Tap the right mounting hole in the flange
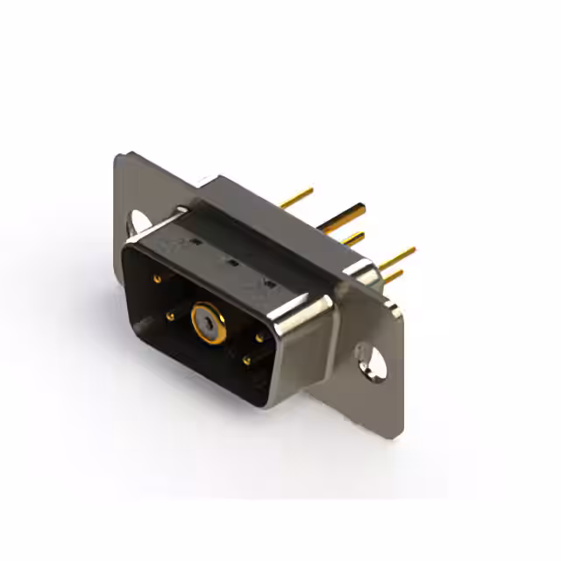pyautogui.click(x=372, y=359)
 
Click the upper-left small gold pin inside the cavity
pyautogui.click(x=157, y=279)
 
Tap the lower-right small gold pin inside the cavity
pyautogui.click(x=246, y=360)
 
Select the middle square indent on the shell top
pyautogui.click(x=232, y=261)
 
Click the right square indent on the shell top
pyautogui.click(x=267, y=282)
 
